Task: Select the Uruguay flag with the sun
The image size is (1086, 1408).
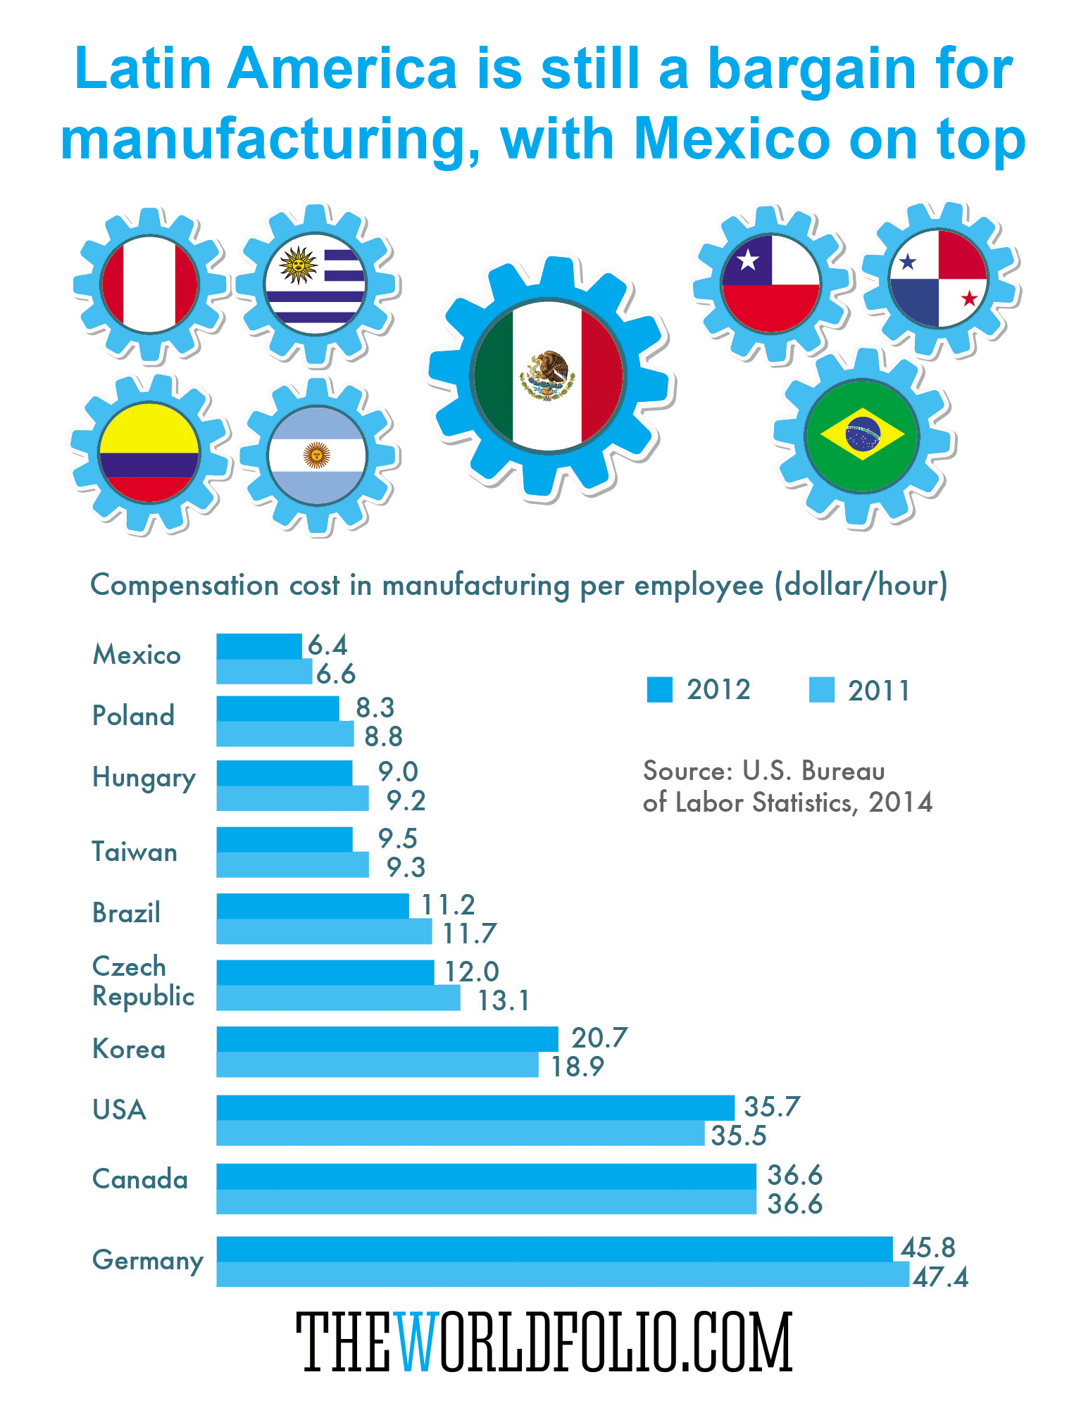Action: (315, 283)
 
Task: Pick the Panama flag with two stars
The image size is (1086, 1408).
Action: (938, 279)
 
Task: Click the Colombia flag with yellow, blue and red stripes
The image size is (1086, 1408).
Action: (149, 453)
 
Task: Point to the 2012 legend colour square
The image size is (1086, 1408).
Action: (659, 690)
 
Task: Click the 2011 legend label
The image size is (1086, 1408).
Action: (878, 691)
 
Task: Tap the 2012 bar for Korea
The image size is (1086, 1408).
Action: (387, 1038)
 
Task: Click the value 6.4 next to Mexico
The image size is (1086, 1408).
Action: (328, 645)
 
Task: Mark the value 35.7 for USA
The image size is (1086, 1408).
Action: (772, 1107)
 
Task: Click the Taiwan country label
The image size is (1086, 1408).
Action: (135, 853)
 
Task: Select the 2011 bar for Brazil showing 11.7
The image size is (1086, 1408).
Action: (324, 932)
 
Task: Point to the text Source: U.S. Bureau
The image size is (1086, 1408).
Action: (763, 772)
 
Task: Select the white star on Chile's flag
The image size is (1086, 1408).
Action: (747, 261)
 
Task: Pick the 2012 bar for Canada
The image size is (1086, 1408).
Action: (486, 1176)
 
